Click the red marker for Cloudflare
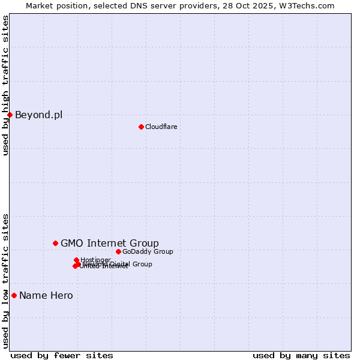coord(141,127)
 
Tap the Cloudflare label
coord(161,127)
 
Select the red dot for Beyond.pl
coord(10,115)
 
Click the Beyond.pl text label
coord(38,115)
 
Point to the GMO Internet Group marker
coord(55,243)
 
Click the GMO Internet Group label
coord(110,243)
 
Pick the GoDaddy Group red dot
coord(118,251)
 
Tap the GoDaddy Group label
coord(148,251)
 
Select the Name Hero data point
coord(14,295)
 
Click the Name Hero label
coord(46,295)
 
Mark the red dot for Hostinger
coord(76,260)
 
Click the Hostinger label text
coord(96,260)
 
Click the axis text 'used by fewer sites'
coord(62,355)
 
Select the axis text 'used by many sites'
coord(301,355)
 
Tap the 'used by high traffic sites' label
coord(6,85)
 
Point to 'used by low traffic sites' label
coord(6,280)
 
